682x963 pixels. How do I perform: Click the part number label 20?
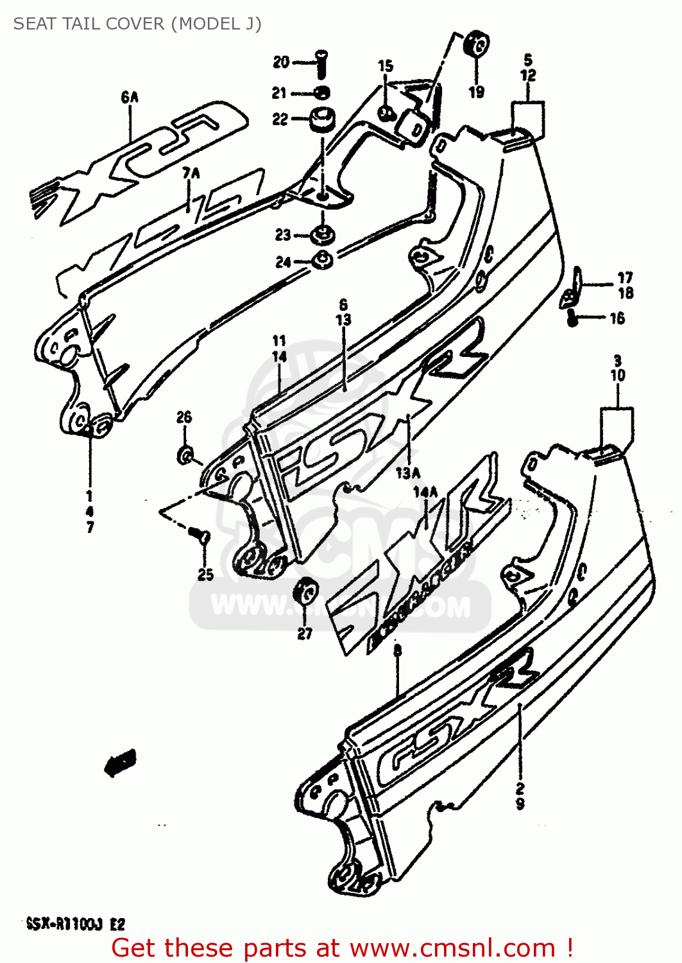[281, 62]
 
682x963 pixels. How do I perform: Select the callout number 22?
[280, 119]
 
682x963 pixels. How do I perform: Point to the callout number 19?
[476, 92]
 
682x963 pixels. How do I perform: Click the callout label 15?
[385, 66]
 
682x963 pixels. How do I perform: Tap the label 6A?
[130, 98]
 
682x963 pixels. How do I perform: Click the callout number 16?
[617, 318]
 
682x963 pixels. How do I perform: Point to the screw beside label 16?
[573, 317]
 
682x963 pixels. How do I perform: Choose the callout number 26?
[184, 417]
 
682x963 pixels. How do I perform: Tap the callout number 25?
[205, 575]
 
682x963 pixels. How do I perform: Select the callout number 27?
[305, 634]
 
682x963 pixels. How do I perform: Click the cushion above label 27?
[305, 591]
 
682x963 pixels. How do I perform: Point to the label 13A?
[408, 474]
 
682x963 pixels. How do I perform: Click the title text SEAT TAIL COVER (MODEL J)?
[137, 24]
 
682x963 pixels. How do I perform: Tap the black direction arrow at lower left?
[120, 763]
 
